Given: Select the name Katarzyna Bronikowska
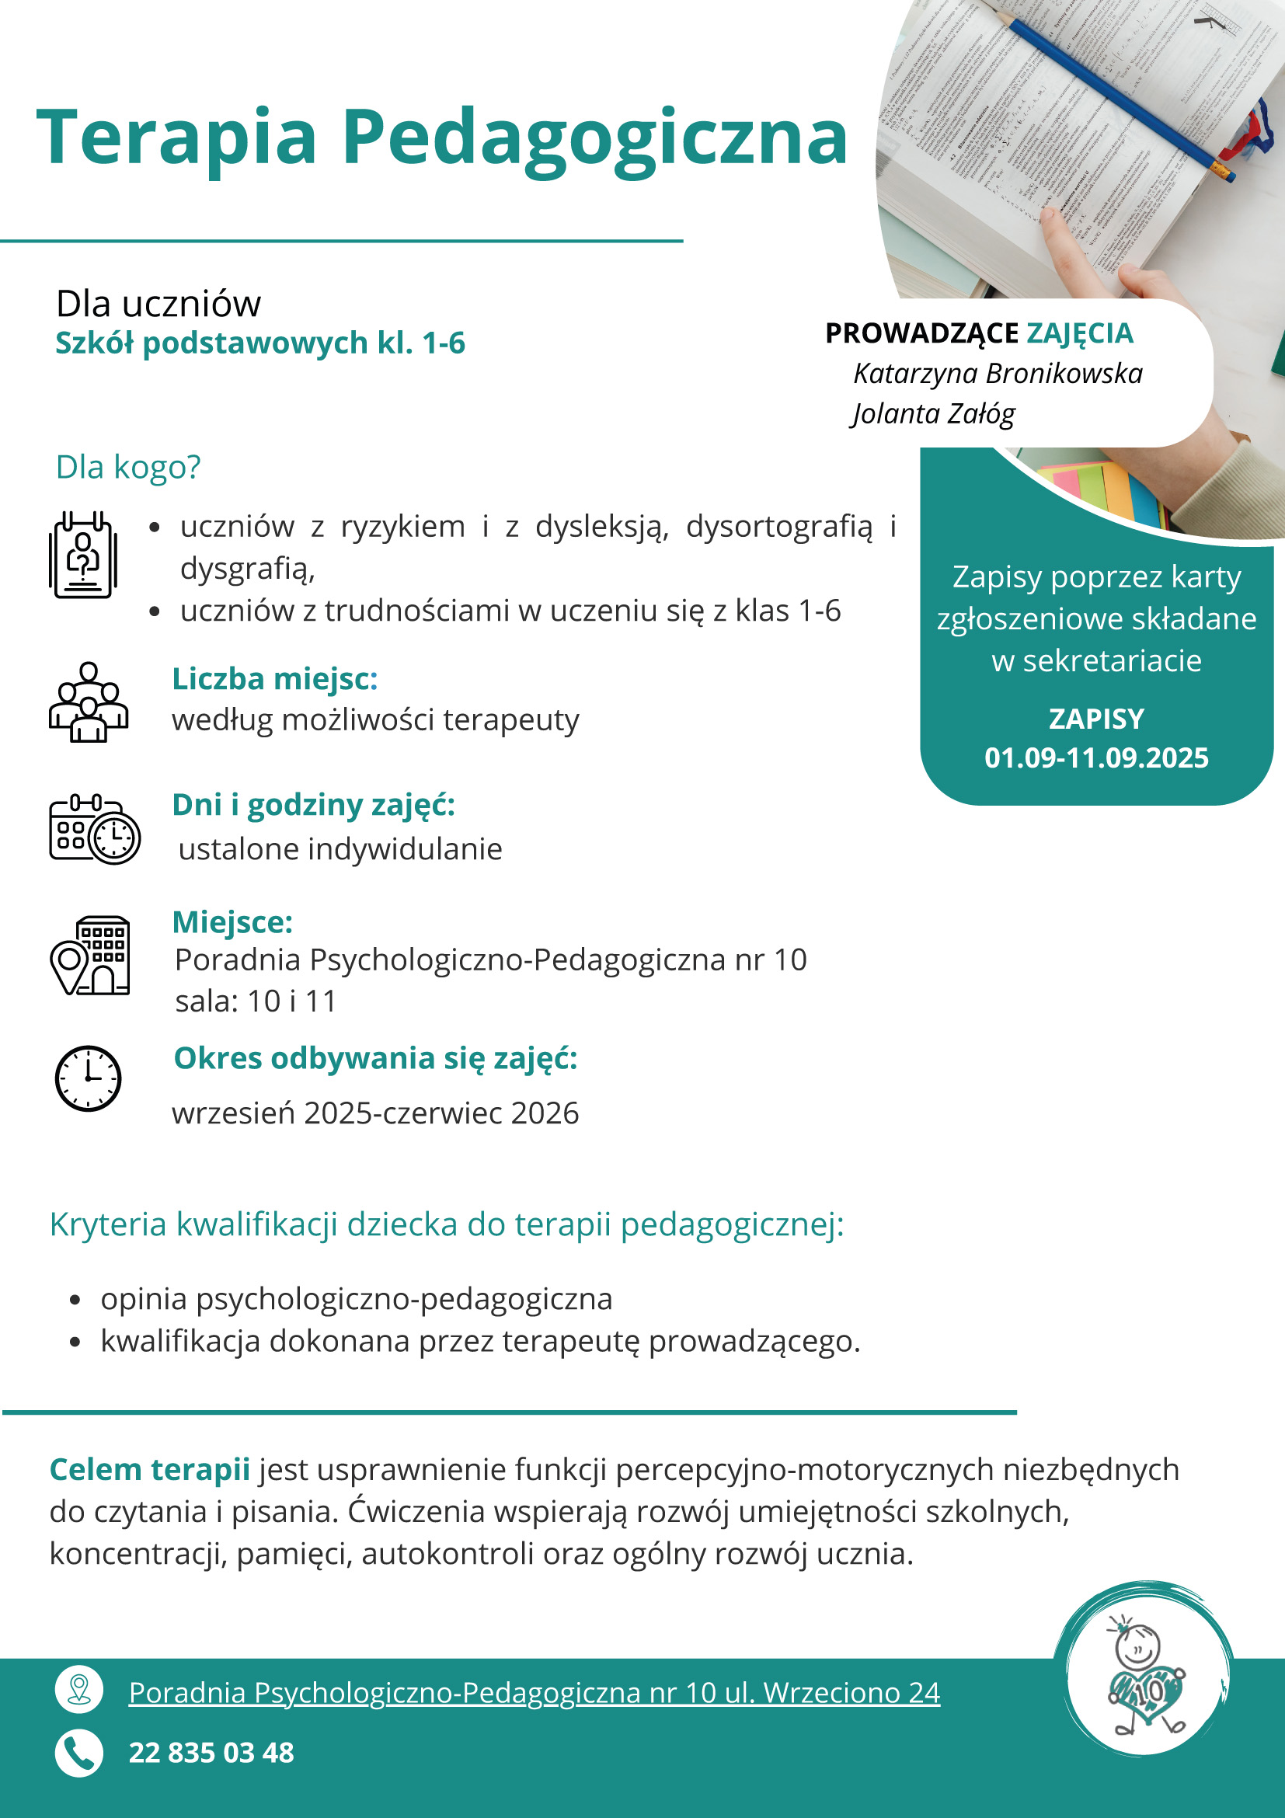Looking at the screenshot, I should tap(998, 374).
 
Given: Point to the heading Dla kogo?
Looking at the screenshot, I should tap(128, 467).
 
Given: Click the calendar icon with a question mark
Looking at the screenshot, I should tap(83, 554).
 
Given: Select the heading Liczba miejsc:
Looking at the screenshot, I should tap(275, 678).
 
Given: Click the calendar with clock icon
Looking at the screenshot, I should tap(94, 828).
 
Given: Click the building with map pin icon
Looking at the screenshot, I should tap(90, 955).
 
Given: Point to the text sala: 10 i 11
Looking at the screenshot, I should tap(256, 1001).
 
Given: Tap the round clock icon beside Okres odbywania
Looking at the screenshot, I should tap(88, 1078).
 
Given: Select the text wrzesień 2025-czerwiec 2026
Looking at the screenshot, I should tap(375, 1113).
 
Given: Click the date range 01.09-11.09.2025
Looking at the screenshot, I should tap(1095, 757).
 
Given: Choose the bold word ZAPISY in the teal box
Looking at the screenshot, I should tap(1095, 719).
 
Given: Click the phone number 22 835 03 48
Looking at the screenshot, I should tap(211, 1752).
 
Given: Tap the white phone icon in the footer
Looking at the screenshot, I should tap(79, 1752).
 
